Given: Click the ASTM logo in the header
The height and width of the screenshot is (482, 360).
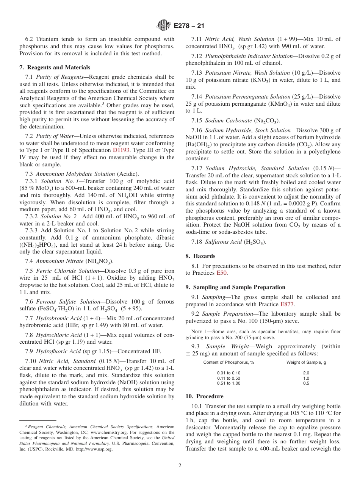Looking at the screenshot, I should pos(164,26).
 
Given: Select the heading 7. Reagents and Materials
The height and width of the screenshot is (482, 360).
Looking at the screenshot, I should pos(55,67).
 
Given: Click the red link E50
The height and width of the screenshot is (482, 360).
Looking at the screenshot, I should pos(222,273).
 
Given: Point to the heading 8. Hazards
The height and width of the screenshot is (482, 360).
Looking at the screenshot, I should pos(200,256).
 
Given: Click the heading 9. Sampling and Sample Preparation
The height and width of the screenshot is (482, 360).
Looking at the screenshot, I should pos(235,287).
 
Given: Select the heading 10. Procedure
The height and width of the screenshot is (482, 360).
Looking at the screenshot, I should pos(204,396).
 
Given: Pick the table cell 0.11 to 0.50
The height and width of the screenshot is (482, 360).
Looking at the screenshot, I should pos(229,378).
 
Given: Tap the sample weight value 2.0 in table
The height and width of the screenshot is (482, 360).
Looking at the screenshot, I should pos(306,373).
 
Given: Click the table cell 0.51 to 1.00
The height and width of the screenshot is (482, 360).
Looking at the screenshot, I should pos(229,383).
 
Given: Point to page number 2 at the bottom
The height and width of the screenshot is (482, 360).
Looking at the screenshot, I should pos(180,466).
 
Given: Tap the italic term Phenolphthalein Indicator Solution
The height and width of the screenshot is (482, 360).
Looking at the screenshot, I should pos(249,56).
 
